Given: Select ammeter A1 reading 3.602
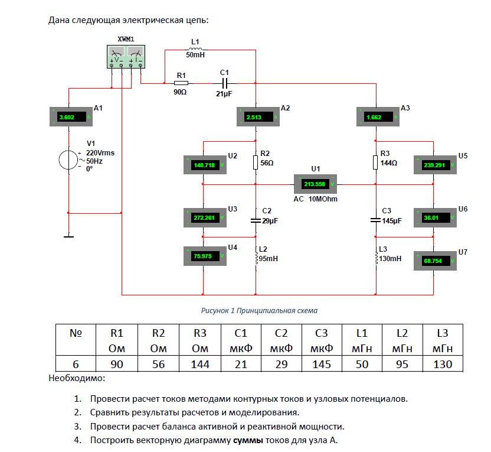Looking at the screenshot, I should point(69,117).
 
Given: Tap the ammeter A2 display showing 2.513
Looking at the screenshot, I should point(256,117).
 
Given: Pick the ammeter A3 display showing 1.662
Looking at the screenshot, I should point(376,117).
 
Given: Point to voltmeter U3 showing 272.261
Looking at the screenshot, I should point(204,217).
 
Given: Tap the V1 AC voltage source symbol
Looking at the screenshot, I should point(69,160).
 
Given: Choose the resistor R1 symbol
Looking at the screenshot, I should point(181,83).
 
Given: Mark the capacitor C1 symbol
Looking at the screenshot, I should point(224,83).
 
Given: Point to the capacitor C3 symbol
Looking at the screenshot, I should point(376,219).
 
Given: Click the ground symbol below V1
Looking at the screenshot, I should point(69,237).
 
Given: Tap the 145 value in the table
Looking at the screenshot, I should point(322,364).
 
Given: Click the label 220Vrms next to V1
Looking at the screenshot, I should point(100,152).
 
